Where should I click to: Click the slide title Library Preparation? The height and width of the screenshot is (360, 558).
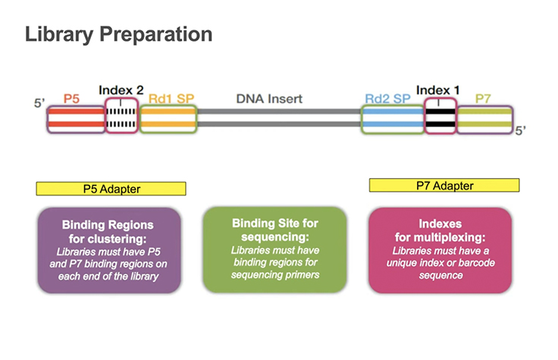(118, 35)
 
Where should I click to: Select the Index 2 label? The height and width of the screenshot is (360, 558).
(121, 90)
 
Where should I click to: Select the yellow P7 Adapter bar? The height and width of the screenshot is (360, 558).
(444, 185)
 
